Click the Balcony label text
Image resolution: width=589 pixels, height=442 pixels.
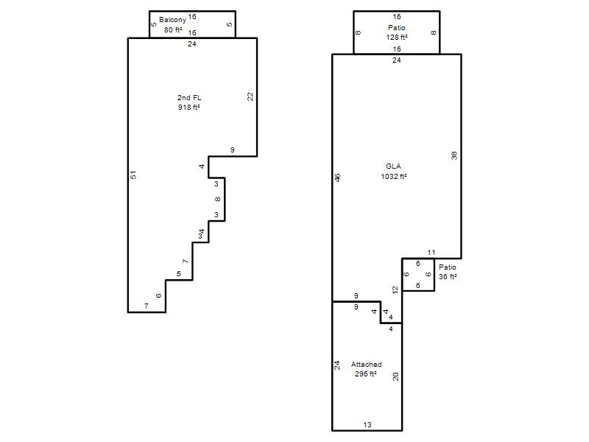pos(172,20)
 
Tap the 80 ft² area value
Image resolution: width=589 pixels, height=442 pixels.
pos(173,29)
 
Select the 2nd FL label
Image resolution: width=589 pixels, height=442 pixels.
pos(189,98)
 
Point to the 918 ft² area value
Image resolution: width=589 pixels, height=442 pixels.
pos(189,108)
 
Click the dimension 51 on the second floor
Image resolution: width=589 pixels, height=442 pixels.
pos(133,175)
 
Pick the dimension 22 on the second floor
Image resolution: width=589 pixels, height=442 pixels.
pos(250,97)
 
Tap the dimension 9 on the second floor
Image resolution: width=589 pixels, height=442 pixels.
pos(233,150)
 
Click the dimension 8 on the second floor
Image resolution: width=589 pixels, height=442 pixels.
pos(217,199)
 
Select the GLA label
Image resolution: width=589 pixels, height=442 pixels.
pos(393,166)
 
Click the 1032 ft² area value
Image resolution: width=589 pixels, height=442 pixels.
pos(394,176)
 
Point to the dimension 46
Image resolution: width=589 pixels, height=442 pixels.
pos(337,178)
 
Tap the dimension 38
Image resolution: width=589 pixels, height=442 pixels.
pos(454,155)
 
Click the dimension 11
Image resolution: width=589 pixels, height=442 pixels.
pos(431,253)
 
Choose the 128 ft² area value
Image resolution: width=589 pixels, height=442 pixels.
pos(397,38)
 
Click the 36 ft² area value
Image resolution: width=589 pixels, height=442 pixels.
pos(448,277)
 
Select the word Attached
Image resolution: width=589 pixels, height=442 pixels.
pos(366,364)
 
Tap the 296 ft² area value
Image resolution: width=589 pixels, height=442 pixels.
pos(366,374)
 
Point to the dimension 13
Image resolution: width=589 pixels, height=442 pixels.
pos(367,425)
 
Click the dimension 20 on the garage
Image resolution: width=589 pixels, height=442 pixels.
pos(395,376)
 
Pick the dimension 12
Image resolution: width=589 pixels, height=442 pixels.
pos(395,290)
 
